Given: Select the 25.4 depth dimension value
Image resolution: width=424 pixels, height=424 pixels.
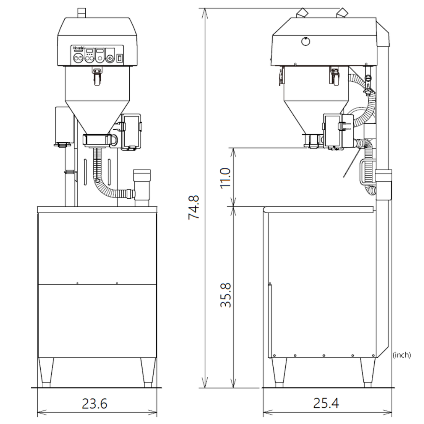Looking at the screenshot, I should click(x=326, y=403).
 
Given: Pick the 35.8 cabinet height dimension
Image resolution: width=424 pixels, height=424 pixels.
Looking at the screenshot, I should click(x=226, y=295).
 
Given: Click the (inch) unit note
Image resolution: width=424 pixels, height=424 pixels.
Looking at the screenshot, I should click(x=401, y=355).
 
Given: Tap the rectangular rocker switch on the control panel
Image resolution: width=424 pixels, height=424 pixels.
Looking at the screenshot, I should click(x=119, y=57).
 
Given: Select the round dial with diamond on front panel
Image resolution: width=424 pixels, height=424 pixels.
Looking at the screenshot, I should click(x=110, y=59).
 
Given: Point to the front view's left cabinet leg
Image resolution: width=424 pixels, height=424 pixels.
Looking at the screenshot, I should click(x=46, y=372).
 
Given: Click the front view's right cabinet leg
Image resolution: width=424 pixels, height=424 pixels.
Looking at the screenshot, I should click(x=148, y=372).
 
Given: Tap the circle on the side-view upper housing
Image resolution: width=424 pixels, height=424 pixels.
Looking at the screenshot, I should click(x=305, y=41).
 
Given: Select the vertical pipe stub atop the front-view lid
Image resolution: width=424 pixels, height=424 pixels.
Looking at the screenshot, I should click(x=81, y=13).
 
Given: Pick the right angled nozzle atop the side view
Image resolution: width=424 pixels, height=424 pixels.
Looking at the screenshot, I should click(x=341, y=13).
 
